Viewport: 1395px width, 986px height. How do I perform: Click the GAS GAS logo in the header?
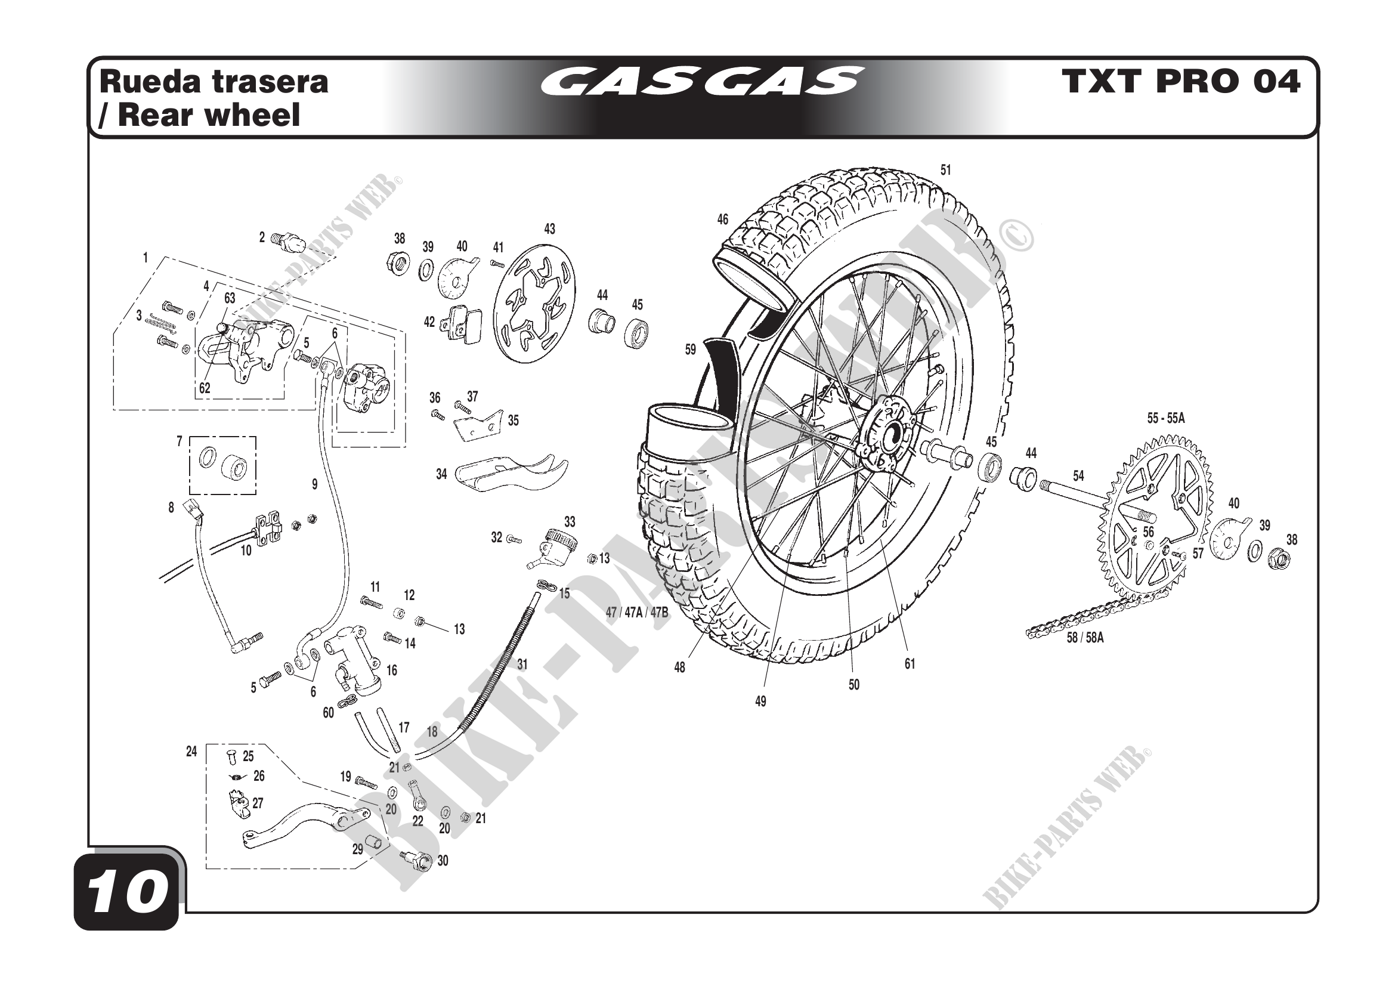(701, 82)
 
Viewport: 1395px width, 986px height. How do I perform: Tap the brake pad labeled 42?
(463, 325)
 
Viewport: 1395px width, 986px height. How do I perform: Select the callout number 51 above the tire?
(946, 170)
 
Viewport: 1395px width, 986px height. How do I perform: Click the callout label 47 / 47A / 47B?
(637, 613)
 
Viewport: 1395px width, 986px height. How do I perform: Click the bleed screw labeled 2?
(284, 240)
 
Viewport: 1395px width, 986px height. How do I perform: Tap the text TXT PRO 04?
(1181, 82)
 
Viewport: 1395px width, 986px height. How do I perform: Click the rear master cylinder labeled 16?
(355, 662)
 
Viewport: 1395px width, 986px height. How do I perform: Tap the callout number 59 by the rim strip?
(690, 350)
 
